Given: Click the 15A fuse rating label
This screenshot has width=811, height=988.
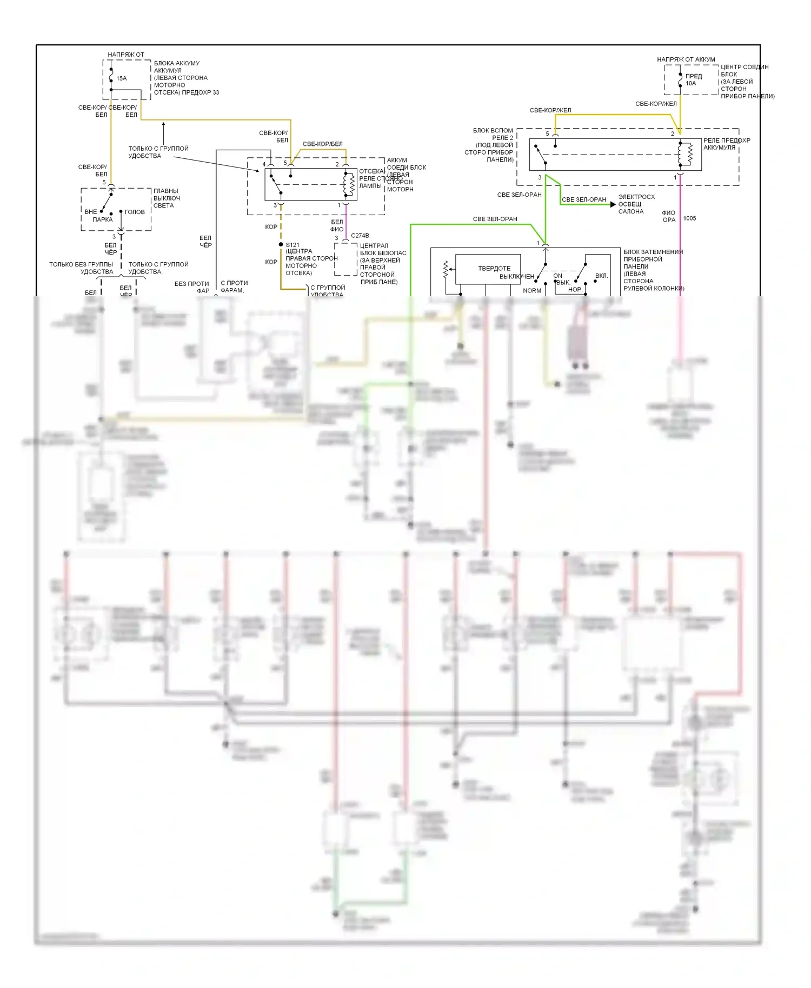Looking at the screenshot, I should [122, 78].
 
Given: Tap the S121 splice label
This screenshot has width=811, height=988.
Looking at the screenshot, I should [293, 245].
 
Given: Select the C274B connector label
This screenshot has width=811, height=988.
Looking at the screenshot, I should [360, 236].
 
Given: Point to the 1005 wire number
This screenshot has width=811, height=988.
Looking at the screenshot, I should [689, 218].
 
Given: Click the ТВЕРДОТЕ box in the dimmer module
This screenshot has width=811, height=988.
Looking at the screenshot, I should [488, 269].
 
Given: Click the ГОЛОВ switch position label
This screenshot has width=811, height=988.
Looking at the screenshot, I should [135, 212].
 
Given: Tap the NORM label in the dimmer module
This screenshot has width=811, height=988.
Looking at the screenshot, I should [532, 291].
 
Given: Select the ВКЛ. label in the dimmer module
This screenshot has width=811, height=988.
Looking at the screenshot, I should [601, 276].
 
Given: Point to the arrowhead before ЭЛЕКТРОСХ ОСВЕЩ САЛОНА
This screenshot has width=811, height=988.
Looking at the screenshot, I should [613, 204].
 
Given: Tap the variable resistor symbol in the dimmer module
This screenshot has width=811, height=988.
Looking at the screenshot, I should [446, 269].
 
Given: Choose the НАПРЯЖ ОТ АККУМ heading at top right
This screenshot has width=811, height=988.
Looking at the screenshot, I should [686, 59].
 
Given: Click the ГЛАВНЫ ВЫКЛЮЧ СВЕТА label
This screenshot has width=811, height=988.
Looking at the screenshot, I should [166, 198].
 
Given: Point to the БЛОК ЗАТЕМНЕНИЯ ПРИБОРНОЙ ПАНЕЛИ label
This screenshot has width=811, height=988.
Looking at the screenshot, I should [653, 270].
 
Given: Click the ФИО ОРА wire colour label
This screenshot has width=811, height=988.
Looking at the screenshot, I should [669, 216].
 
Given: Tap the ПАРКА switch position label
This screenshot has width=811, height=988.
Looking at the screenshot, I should [102, 219].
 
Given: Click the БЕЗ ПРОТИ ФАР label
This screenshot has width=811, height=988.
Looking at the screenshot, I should [192, 287].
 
